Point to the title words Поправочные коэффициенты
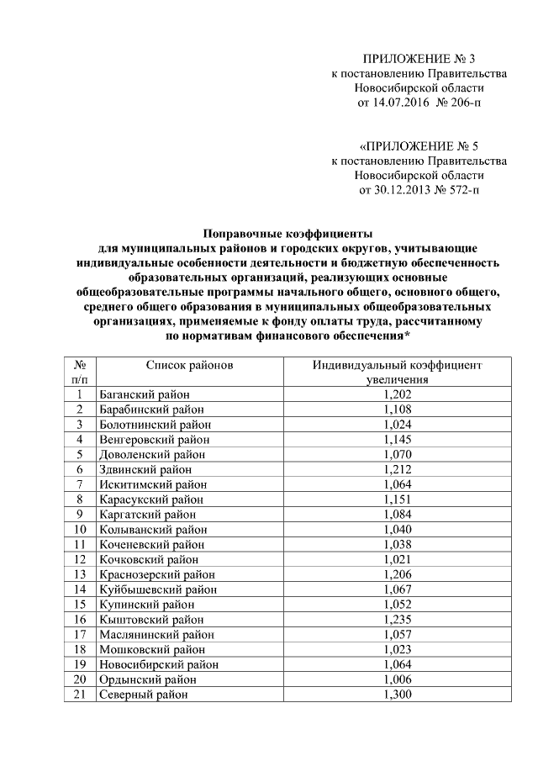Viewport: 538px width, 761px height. coord(288,235)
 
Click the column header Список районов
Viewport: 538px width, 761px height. coord(189,366)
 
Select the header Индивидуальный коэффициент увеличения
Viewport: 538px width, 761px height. coord(398,373)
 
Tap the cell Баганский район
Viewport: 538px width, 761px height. coord(143,394)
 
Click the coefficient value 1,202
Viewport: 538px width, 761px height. coord(398,394)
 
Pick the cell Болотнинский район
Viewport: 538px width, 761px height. coord(153,424)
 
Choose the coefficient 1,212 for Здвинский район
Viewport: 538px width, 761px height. coord(398,469)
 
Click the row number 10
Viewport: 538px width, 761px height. coord(80,529)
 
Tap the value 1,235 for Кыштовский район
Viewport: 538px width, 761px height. coord(398,620)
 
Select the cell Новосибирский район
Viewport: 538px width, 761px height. coord(159,664)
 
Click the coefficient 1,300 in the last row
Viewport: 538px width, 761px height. coord(398,695)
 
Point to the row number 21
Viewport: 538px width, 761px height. coord(80,695)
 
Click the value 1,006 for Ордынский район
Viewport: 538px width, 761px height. coord(398,679)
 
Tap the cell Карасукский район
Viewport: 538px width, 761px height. coord(150,499)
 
